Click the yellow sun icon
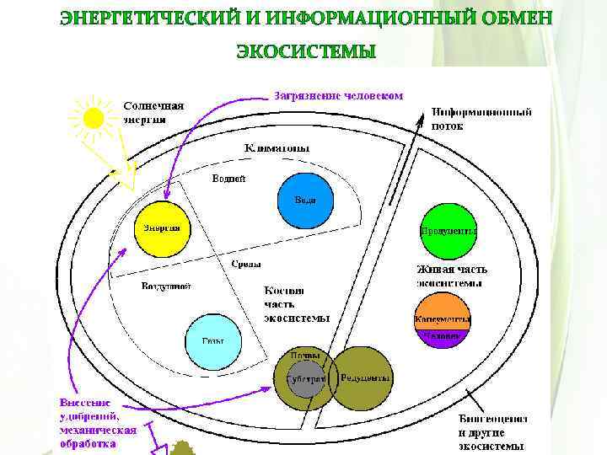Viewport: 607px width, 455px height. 92,117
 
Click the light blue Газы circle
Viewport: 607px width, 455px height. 212,342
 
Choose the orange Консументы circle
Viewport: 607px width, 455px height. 442,315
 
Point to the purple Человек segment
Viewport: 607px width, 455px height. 442,335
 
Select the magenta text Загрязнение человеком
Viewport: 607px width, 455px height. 338,95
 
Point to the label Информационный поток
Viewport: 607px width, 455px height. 481,118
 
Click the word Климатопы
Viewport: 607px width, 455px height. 277,148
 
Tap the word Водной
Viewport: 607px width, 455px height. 228,179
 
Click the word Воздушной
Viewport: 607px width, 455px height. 166,286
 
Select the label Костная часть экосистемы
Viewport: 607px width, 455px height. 295,303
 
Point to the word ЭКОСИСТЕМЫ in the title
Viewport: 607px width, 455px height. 305,52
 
